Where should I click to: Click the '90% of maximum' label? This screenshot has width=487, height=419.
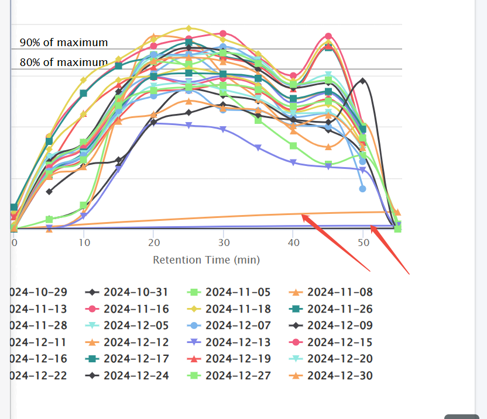(x=64, y=43)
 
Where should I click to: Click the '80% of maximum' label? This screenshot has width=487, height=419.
(x=64, y=63)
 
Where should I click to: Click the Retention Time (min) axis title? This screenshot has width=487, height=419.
(x=206, y=260)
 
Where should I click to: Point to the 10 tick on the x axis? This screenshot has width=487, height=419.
(x=84, y=242)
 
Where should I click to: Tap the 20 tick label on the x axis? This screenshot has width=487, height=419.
(x=153, y=242)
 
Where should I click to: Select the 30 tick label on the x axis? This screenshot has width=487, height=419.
(x=223, y=242)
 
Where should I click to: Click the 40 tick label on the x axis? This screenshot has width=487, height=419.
(x=293, y=242)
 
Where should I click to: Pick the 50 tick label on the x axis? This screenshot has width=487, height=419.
(x=363, y=242)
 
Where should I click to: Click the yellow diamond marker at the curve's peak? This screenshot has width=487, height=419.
(x=188, y=28)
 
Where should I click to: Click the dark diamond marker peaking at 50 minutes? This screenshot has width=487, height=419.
(x=363, y=81)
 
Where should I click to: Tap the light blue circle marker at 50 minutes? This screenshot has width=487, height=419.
(x=363, y=189)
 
